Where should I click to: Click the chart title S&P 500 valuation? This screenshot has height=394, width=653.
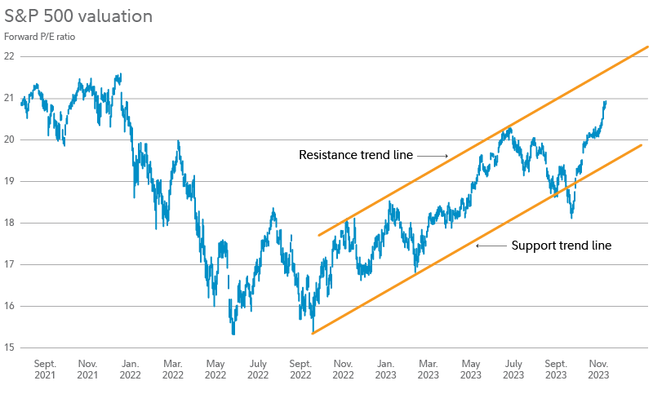point(78,16)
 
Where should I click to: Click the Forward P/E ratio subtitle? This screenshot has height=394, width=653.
point(40,37)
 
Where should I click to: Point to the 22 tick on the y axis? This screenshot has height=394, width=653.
point(9,56)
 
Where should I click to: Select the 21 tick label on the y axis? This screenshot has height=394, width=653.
point(9,98)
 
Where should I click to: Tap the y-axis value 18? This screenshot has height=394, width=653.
point(9,223)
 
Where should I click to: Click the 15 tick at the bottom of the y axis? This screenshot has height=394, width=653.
point(9,348)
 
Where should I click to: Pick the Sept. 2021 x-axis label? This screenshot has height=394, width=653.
point(45,369)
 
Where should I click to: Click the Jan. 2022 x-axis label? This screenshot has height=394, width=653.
point(130,369)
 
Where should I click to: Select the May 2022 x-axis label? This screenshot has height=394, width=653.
point(215,369)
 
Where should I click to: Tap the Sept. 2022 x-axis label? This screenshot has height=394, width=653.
point(300,369)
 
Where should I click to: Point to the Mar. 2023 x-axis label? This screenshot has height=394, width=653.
point(428,369)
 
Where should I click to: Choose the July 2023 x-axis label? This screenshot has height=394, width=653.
point(513,369)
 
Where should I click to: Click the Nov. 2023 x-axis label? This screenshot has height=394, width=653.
point(598,369)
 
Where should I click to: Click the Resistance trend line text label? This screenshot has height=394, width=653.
point(355,154)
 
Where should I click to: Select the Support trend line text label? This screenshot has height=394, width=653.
point(561,245)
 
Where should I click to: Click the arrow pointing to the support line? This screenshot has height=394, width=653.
point(490,245)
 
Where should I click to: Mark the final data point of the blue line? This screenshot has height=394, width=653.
point(606,101)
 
